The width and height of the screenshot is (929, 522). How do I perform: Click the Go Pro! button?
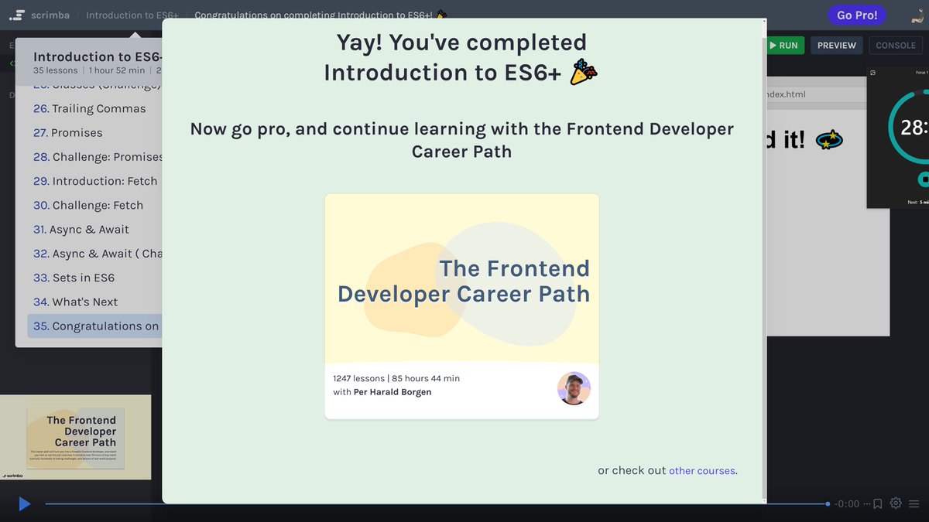(857, 15)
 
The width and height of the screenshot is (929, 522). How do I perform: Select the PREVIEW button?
(837, 46)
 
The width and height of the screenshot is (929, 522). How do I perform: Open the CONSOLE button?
(896, 46)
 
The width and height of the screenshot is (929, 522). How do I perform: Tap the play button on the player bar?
(24, 504)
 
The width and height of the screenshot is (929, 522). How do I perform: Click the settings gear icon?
(896, 503)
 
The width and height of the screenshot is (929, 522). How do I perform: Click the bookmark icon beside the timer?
(878, 504)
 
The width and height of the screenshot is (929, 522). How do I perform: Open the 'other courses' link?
(702, 471)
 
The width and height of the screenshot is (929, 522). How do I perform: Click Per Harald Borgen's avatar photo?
(574, 388)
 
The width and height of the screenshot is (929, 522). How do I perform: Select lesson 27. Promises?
(68, 133)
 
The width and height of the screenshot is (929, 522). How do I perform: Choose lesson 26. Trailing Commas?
(90, 109)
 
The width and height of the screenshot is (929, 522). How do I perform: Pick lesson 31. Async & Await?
(81, 230)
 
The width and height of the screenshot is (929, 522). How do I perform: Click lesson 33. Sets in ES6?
(74, 278)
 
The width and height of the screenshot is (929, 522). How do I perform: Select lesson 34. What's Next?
(76, 302)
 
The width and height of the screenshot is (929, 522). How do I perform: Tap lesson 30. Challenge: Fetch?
(88, 206)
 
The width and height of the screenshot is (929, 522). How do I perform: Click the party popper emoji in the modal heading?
(584, 73)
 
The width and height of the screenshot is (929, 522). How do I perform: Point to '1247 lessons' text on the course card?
(358, 378)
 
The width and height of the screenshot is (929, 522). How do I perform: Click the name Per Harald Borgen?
(393, 392)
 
